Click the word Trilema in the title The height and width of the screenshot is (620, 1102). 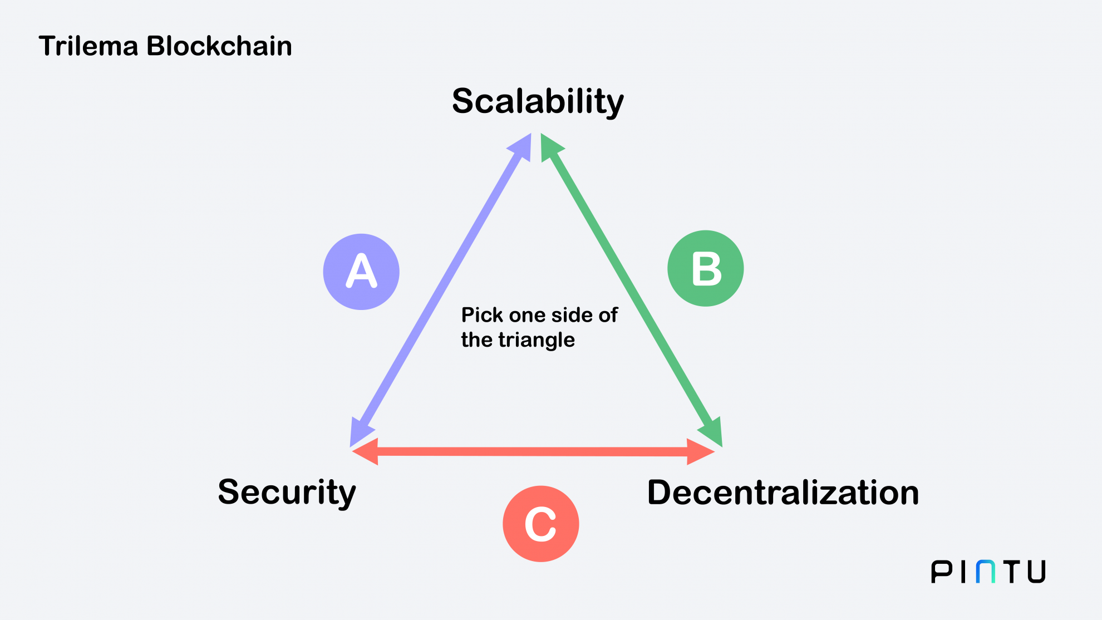(x=88, y=46)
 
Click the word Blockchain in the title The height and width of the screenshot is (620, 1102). (x=219, y=46)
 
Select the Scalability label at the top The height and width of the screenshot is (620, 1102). (x=538, y=102)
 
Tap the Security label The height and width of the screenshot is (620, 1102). (x=287, y=493)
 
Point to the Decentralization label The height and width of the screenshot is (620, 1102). (x=783, y=493)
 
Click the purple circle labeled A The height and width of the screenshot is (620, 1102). (x=361, y=272)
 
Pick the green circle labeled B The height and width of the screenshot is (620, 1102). (x=705, y=268)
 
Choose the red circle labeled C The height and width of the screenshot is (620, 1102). (x=540, y=524)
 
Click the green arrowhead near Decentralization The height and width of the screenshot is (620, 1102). (x=713, y=432)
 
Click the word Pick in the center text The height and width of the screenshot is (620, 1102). (x=482, y=316)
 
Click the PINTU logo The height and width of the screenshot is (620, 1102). (x=988, y=572)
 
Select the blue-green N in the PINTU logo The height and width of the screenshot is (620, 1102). (x=986, y=572)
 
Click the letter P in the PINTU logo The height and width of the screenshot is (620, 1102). (x=942, y=572)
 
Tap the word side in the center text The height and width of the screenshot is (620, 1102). (x=569, y=316)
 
